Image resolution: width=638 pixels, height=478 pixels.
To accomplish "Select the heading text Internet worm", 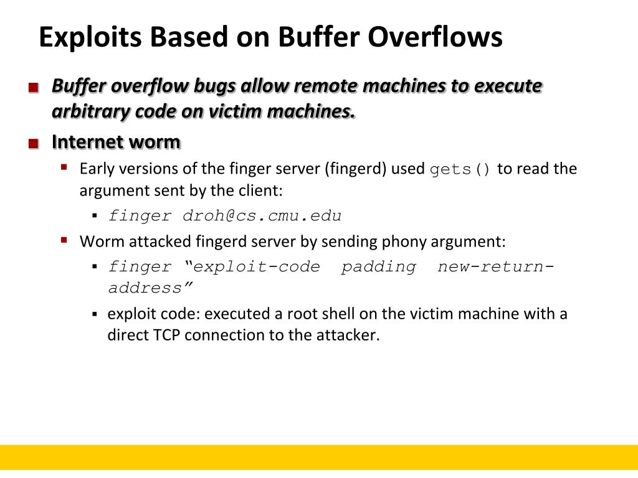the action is click(116, 142).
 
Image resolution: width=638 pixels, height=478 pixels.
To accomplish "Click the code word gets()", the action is click(460, 169).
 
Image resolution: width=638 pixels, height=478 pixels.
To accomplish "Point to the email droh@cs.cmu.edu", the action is click(262, 216).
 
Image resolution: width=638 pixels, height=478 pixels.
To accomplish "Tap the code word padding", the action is click(378, 267).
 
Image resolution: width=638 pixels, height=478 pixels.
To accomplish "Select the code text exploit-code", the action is click(257, 267).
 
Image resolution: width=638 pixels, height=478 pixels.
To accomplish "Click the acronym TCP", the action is click(167, 335).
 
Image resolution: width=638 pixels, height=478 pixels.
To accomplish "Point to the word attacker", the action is click(348, 335).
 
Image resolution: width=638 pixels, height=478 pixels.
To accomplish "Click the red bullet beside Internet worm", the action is click(34, 144).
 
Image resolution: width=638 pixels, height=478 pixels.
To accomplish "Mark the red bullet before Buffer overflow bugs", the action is click(34, 88).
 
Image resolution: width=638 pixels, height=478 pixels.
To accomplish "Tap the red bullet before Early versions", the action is click(64, 167).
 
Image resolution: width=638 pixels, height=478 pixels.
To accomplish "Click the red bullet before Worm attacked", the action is click(64, 239).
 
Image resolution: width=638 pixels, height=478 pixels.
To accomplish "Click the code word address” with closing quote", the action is click(150, 288).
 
